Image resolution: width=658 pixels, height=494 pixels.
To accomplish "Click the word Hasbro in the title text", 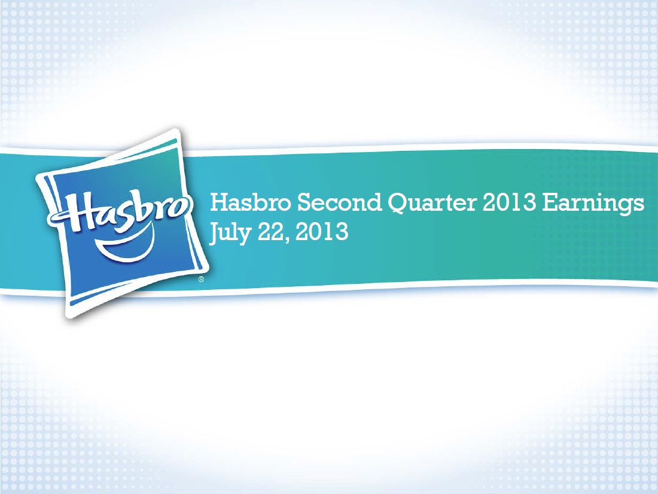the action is tap(250, 202).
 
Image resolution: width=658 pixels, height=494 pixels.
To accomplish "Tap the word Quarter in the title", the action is tap(432, 203).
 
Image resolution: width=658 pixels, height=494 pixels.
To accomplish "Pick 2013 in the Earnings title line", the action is tap(509, 202).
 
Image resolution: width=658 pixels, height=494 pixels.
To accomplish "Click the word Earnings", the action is tap(593, 204).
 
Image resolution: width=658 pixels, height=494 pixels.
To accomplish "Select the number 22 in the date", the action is tap(273, 232).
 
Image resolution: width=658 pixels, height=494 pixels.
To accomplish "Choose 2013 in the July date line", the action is tap(322, 232).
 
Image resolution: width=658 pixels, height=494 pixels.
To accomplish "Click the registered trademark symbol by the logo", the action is tap(201, 280).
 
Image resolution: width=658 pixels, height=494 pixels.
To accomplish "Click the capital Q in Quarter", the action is tap(397, 204).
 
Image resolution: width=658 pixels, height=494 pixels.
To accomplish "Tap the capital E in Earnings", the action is tap(549, 202).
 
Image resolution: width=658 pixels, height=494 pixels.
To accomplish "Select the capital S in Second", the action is tap(304, 202).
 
